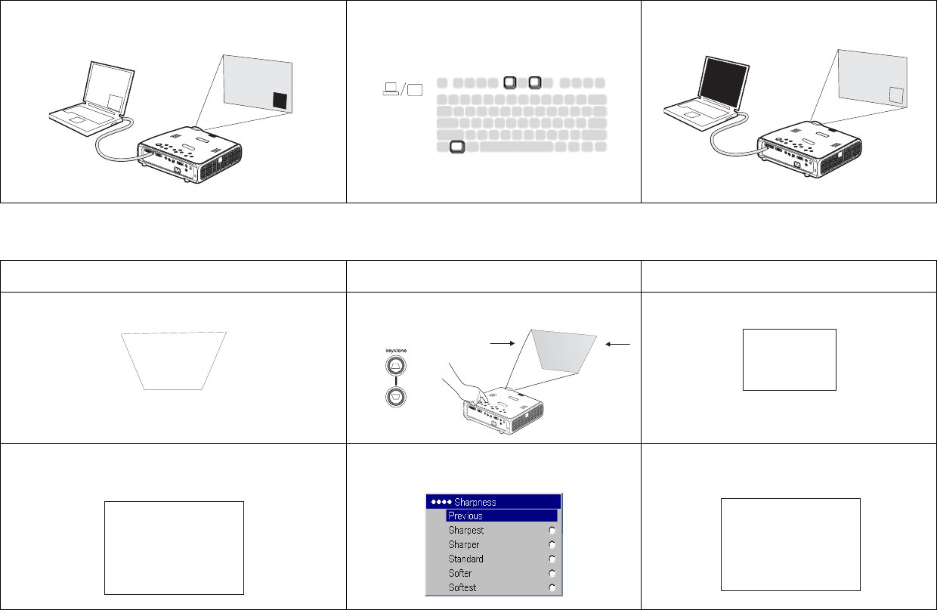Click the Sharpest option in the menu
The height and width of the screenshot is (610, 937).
click(465, 530)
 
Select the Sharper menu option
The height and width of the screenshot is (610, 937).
click(463, 544)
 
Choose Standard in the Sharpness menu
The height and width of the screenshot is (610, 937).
click(465, 559)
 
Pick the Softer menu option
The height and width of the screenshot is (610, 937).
click(459, 573)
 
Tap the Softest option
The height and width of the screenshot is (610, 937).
click(462, 587)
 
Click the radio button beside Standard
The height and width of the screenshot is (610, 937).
click(552, 559)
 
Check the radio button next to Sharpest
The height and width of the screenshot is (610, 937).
click(552, 531)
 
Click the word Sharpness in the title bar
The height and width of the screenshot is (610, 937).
click(475, 502)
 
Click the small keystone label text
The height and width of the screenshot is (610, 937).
click(396, 351)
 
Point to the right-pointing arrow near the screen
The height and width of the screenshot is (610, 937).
click(502, 343)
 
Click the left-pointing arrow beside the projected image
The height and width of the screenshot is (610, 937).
click(618, 344)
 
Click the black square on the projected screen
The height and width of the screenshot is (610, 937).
click(280, 101)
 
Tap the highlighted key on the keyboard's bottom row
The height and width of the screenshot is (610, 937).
click(457, 147)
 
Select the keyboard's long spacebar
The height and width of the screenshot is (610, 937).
click(517, 147)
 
